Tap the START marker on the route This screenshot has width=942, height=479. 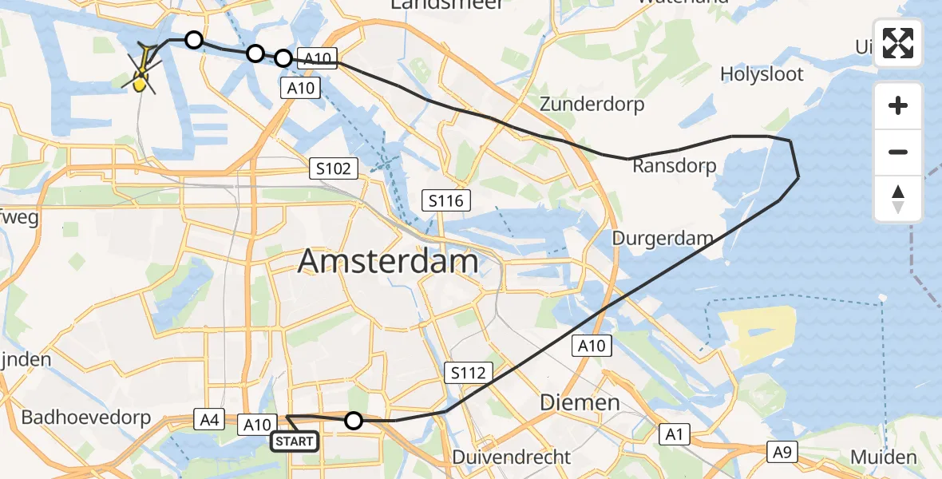(x=295, y=441)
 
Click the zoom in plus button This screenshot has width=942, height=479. (x=898, y=105)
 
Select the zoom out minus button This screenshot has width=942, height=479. (x=898, y=152)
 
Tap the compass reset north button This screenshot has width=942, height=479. (x=898, y=199)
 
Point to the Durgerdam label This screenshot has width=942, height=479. (x=662, y=238)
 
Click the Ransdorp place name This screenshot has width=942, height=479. (x=675, y=165)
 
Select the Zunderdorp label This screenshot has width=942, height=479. (x=592, y=104)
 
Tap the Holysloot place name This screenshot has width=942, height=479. (x=773, y=74)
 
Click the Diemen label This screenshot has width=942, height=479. (x=580, y=402)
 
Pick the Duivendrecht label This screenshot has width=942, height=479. (x=511, y=457)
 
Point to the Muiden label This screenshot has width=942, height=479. (x=884, y=457)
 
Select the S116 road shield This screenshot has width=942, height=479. (x=445, y=200)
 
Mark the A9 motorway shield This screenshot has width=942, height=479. (x=782, y=452)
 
